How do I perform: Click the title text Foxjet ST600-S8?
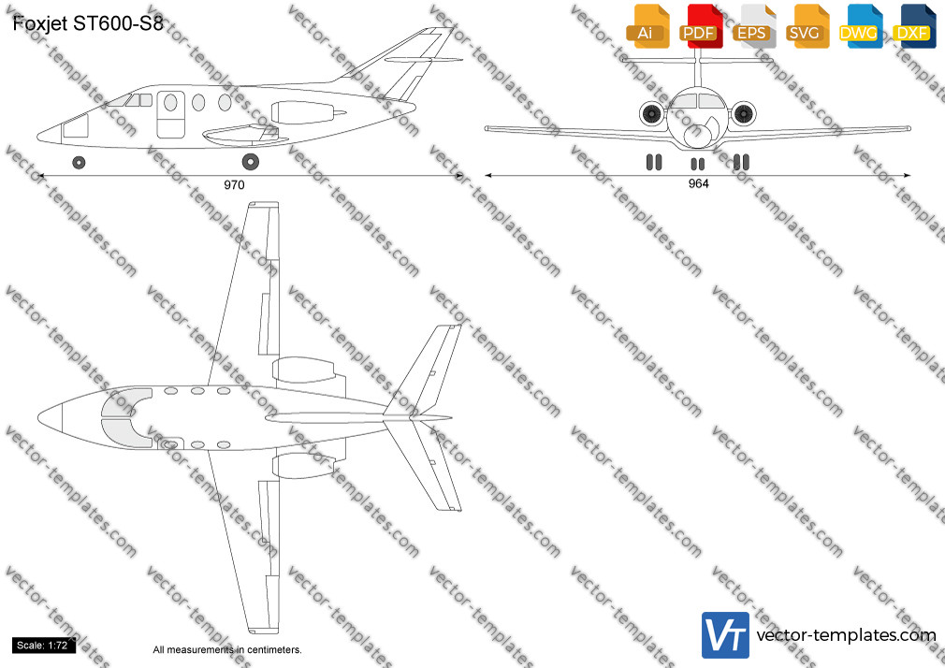pos(88,23)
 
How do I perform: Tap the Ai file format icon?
pos(647,26)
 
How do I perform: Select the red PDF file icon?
pos(701,26)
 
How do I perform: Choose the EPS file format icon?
pos(754,26)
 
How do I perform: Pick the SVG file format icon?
pos(807,26)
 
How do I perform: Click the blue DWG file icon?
pos(861,26)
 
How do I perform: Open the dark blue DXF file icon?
pos(914,26)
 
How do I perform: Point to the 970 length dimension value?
pos(234,185)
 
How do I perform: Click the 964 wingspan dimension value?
pos(699,183)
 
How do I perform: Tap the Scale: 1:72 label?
pos(42,646)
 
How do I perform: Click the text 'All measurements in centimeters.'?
pos(227,650)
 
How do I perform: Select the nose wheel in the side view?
pos(79,162)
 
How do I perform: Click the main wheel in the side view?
pos(250,162)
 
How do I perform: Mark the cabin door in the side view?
pos(170,114)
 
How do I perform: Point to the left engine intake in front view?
pos(652,113)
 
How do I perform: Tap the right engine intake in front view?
pos(743,113)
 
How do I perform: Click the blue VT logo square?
pos(726,635)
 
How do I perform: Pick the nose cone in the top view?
pos(51,416)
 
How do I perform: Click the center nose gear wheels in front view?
pos(697,164)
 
